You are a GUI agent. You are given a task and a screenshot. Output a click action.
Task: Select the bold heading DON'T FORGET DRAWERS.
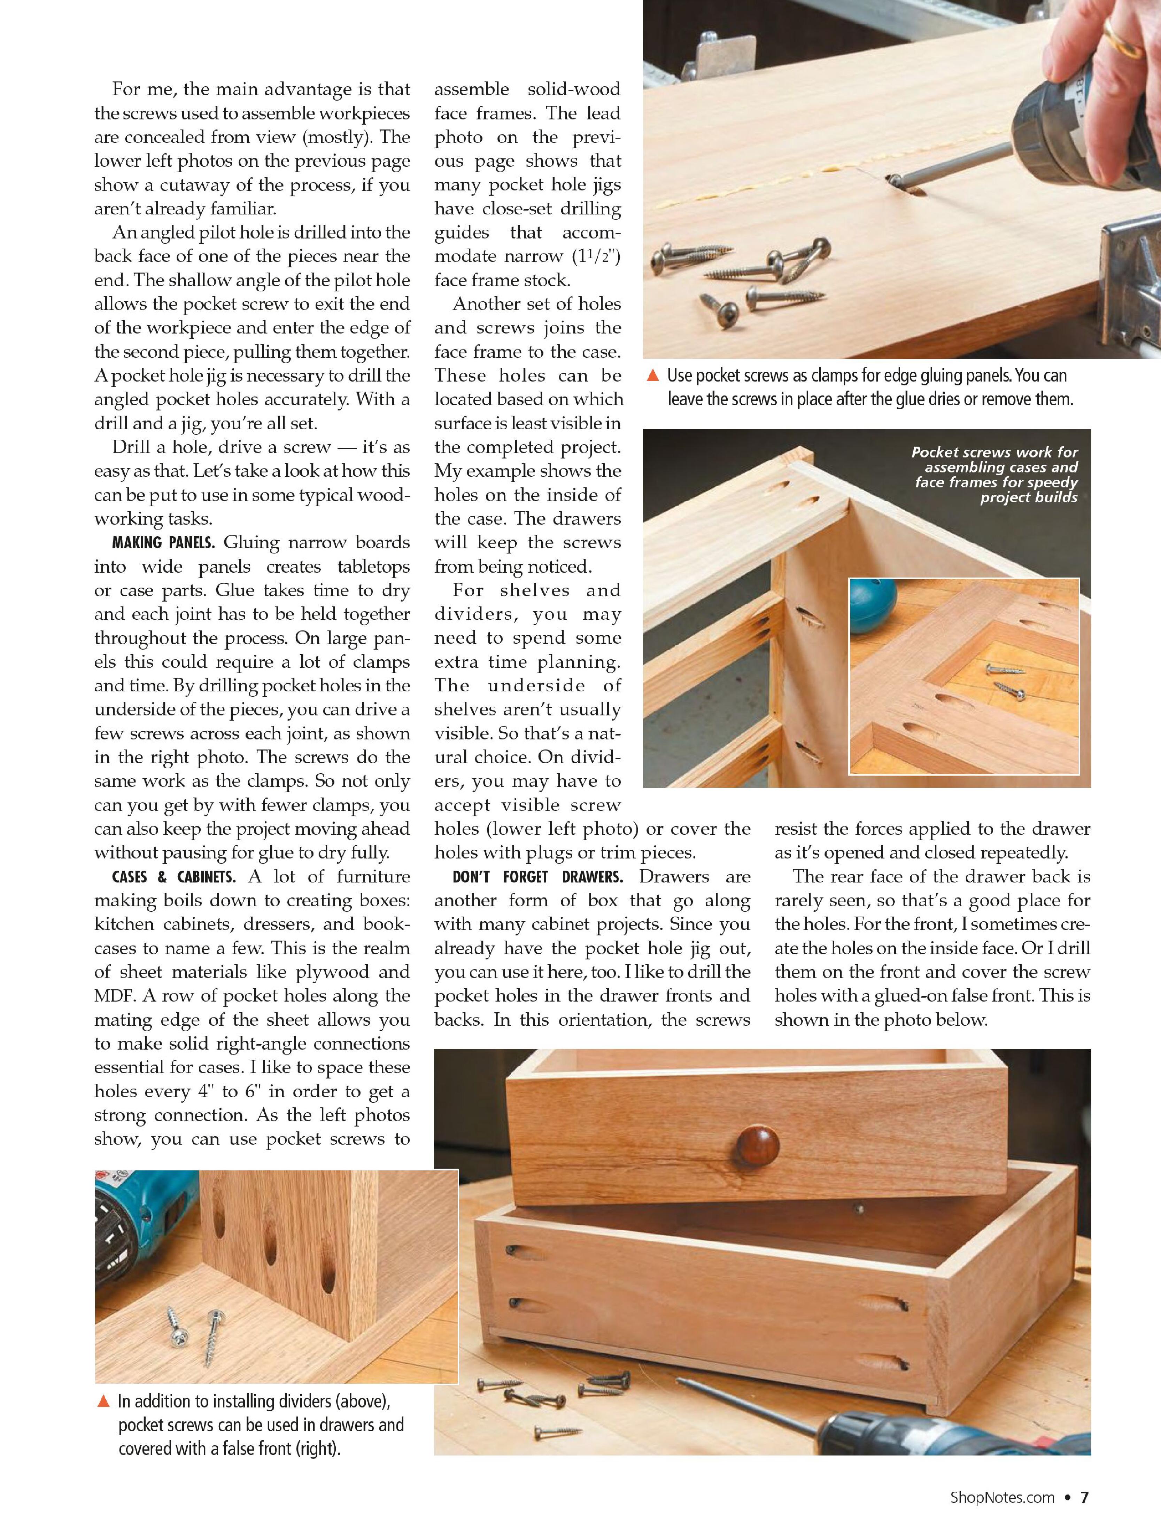(537, 877)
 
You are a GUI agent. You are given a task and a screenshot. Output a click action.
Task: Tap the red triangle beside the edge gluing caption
(652, 376)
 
